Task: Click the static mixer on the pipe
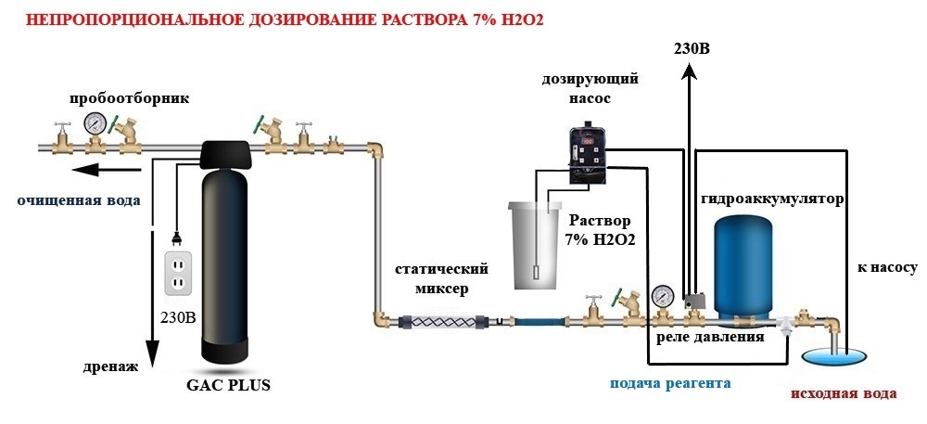click(x=445, y=323)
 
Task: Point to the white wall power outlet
click(x=179, y=273)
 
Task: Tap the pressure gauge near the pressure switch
click(x=663, y=294)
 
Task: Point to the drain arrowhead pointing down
click(x=152, y=356)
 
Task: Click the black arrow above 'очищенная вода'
click(x=106, y=171)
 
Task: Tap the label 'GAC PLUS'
click(x=228, y=385)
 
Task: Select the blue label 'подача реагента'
click(x=670, y=383)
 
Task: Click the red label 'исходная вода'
click(x=844, y=393)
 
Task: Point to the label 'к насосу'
click(x=887, y=267)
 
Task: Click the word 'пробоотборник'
click(x=130, y=98)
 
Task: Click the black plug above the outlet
click(x=175, y=238)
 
